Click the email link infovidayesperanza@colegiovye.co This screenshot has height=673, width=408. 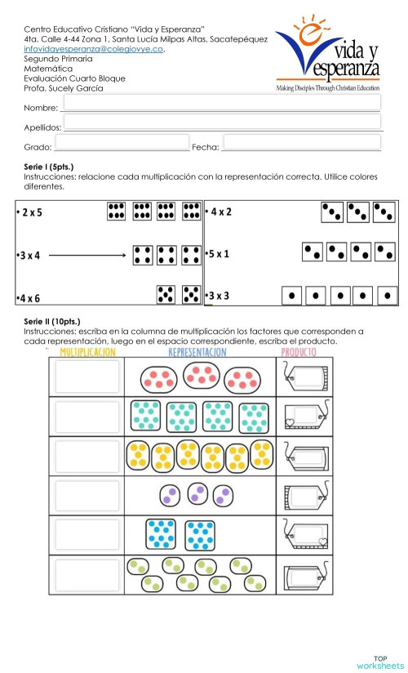95,49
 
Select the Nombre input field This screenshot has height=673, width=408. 220,103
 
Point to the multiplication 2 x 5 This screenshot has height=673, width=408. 33,212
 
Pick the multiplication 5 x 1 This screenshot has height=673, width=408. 220,254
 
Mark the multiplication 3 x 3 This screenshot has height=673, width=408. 220,295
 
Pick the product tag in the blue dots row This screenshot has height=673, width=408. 305,536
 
